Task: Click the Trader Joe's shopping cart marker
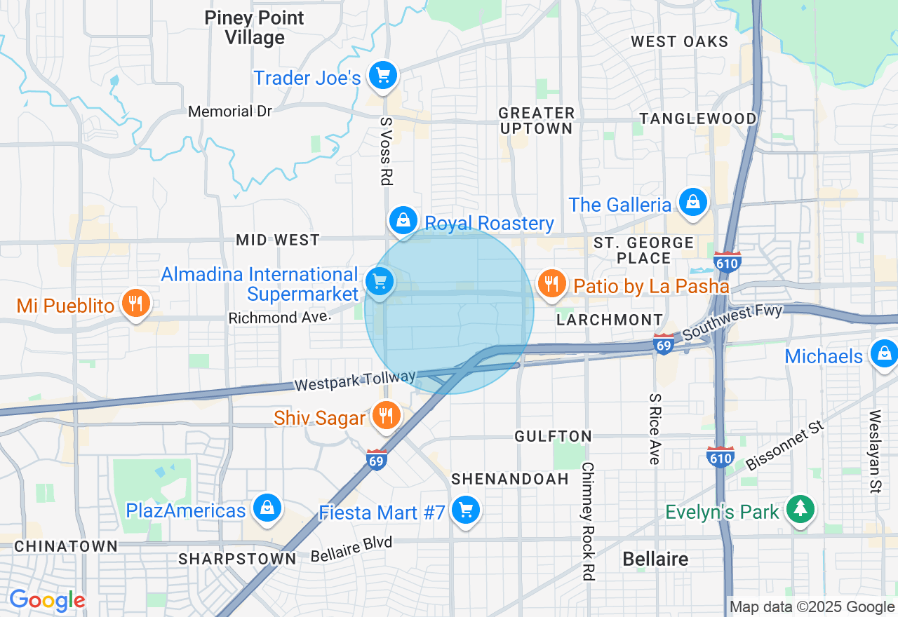(x=382, y=74)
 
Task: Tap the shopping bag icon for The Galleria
(x=693, y=202)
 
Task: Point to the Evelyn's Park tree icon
(x=799, y=508)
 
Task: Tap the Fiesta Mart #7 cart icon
(x=465, y=510)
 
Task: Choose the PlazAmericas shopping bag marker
(x=267, y=508)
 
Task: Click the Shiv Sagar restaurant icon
(x=385, y=415)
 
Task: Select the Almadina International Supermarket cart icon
(x=380, y=282)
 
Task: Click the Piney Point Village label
(x=254, y=27)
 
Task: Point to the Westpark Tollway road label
(x=354, y=382)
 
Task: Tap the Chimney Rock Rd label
(x=588, y=521)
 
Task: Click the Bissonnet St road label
(x=784, y=446)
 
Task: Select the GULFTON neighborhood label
(x=554, y=436)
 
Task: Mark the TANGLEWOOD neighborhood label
(x=698, y=118)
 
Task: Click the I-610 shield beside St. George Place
(x=727, y=262)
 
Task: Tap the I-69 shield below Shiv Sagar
(x=377, y=460)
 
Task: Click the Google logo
(x=47, y=600)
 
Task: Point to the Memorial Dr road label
(x=230, y=111)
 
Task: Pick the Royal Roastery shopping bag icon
(x=403, y=220)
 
